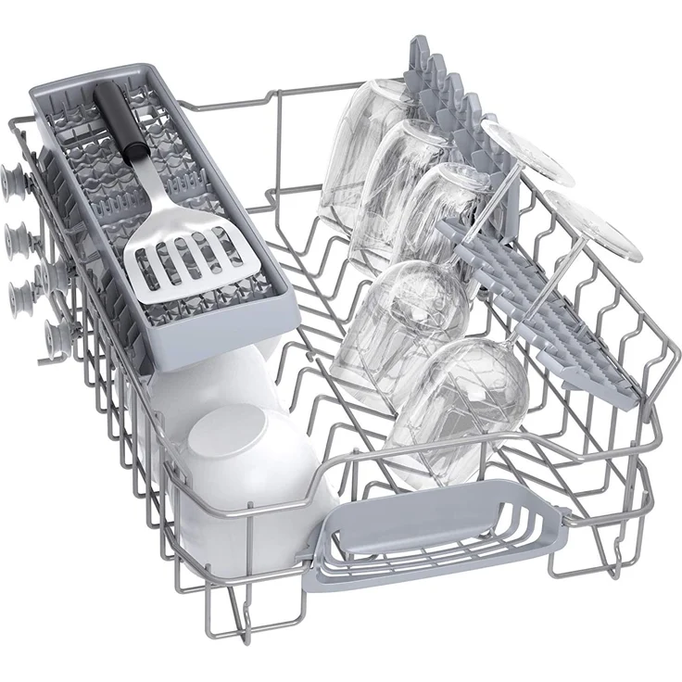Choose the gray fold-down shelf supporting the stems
click(556, 306)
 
